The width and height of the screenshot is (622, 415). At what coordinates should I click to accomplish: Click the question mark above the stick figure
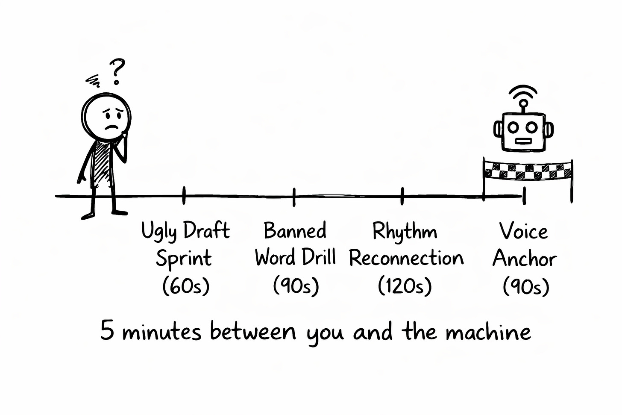pyautogui.click(x=117, y=71)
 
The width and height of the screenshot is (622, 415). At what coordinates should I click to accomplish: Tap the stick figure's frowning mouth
pyautogui.click(x=111, y=127)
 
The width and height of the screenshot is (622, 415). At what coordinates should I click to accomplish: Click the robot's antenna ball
pyautogui.click(x=523, y=104)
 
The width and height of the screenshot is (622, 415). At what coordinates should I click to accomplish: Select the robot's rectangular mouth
pyautogui.click(x=523, y=141)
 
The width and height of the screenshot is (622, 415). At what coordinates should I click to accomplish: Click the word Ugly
pyautogui.click(x=159, y=232)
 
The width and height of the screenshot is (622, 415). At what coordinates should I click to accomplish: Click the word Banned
pyautogui.click(x=295, y=231)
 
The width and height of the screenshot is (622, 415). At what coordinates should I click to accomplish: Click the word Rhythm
pyautogui.click(x=405, y=232)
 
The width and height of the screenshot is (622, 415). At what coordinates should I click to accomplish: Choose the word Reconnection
pyautogui.click(x=406, y=258)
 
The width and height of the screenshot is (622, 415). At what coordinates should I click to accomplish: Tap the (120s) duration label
pyautogui.click(x=405, y=286)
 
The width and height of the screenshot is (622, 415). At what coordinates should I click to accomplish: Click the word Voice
pyautogui.click(x=523, y=232)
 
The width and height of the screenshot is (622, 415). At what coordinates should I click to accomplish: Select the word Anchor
pyautogui.click(x=525, y=259)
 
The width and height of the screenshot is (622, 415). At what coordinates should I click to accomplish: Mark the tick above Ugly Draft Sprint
pyautogui.click(x=184, y=195)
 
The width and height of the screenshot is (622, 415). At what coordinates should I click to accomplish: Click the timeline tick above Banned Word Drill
pyautogui.click(x=294, y=196)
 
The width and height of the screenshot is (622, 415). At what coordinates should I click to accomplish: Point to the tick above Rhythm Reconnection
pyautogui.click(x=402, y=196)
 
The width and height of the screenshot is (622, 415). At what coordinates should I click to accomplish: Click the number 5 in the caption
pyautogui.click(x=107, y=331)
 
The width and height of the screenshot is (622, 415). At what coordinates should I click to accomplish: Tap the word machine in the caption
pyautogui.click(x=488, y=332)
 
